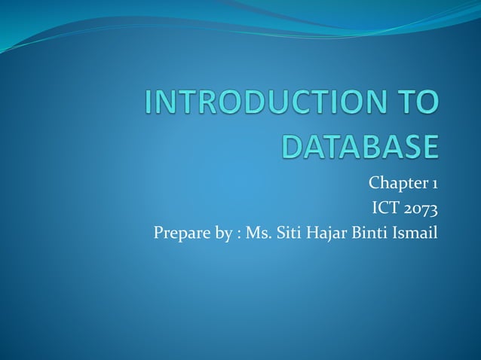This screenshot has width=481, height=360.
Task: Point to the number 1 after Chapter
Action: (434, 184)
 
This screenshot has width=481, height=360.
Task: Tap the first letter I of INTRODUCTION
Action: (149, 104)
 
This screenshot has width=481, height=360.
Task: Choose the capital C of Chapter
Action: (374, 184)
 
